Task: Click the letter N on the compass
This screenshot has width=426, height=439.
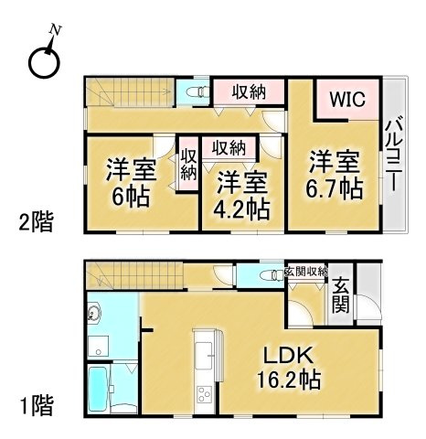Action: click(x=56, y=29)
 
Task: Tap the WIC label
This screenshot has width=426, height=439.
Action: click(x=348, y=99)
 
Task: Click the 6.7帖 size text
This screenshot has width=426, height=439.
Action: click(x=335, y=188)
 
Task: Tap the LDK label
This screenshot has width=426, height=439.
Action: click(x=288, y=356)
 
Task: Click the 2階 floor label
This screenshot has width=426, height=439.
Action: click(x=37, y=221)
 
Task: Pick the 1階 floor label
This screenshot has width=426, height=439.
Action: click(x=37, y=406)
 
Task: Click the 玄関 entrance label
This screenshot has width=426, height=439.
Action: click(x=341, y=295)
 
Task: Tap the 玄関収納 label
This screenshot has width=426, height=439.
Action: click(x=305, y=272)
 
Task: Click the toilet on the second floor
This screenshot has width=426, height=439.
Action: click(x=197, y=91)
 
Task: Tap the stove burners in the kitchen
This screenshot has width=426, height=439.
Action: click(x=204, y=394)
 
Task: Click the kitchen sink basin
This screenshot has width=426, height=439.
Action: click(x=204, y=355)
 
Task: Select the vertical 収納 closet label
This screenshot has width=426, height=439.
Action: click(x=188, y=166)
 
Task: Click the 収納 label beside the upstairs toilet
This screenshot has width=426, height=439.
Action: click(x=249, y=92)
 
